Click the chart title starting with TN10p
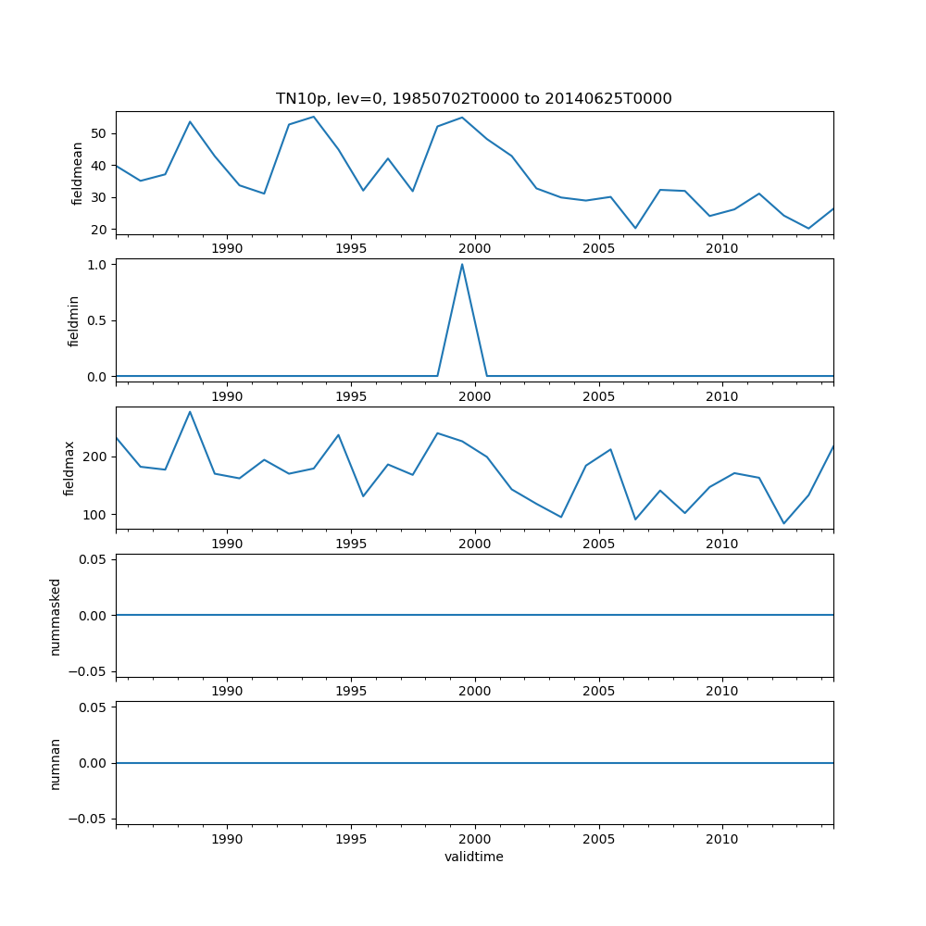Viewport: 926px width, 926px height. (x=473, y=98)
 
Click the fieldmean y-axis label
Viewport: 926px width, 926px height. (x=77, y=173)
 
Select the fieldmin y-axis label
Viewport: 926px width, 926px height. (x=74, y=320)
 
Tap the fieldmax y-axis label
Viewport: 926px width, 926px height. (x=69, y=468)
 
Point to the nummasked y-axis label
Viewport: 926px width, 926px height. (x=56, y=616)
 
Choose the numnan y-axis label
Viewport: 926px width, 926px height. (x=56, y=763)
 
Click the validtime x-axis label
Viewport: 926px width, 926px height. (x=473, y=857)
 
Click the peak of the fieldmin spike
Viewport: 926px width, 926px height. (x=462, y=265)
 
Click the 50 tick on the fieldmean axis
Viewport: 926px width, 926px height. (x=101, y=133)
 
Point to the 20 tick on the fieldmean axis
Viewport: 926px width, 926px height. (x=101, y=230)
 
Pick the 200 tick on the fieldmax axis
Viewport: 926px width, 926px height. (x=96, y=457)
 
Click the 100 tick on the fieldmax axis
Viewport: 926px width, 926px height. (x=96, y=515)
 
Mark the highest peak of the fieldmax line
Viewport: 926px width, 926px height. (x=190, y=412)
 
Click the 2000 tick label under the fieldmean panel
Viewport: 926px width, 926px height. (x=474, y=248)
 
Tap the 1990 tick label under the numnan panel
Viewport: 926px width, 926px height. (x=227, y=839)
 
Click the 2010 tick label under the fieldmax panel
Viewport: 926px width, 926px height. (x=722, y=544)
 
